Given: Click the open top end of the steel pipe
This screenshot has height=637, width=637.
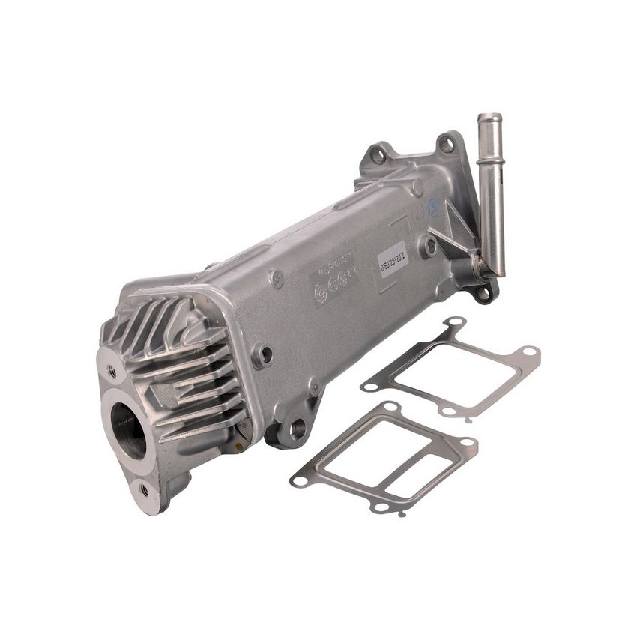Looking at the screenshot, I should click(x=489, y=118).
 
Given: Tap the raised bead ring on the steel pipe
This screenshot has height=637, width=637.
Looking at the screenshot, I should click(x=491, y=161).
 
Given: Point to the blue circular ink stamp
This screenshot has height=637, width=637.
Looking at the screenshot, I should click(x=433, y=211).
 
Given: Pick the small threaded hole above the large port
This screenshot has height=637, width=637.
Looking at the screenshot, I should click(x=112, y=371).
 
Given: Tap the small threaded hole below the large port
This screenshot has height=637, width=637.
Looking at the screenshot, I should click(x=143, y=489).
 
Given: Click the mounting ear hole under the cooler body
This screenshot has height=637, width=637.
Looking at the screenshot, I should click(x=298, y=429).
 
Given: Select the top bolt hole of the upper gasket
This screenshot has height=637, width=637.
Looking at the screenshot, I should click(x=455, y=323).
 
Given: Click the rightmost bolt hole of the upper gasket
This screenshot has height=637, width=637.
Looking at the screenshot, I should click(x=529, y=351).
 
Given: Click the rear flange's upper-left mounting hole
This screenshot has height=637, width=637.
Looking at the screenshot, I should click(x=378, y=156).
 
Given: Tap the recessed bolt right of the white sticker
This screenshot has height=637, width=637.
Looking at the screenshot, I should click(x=430, y=244).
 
